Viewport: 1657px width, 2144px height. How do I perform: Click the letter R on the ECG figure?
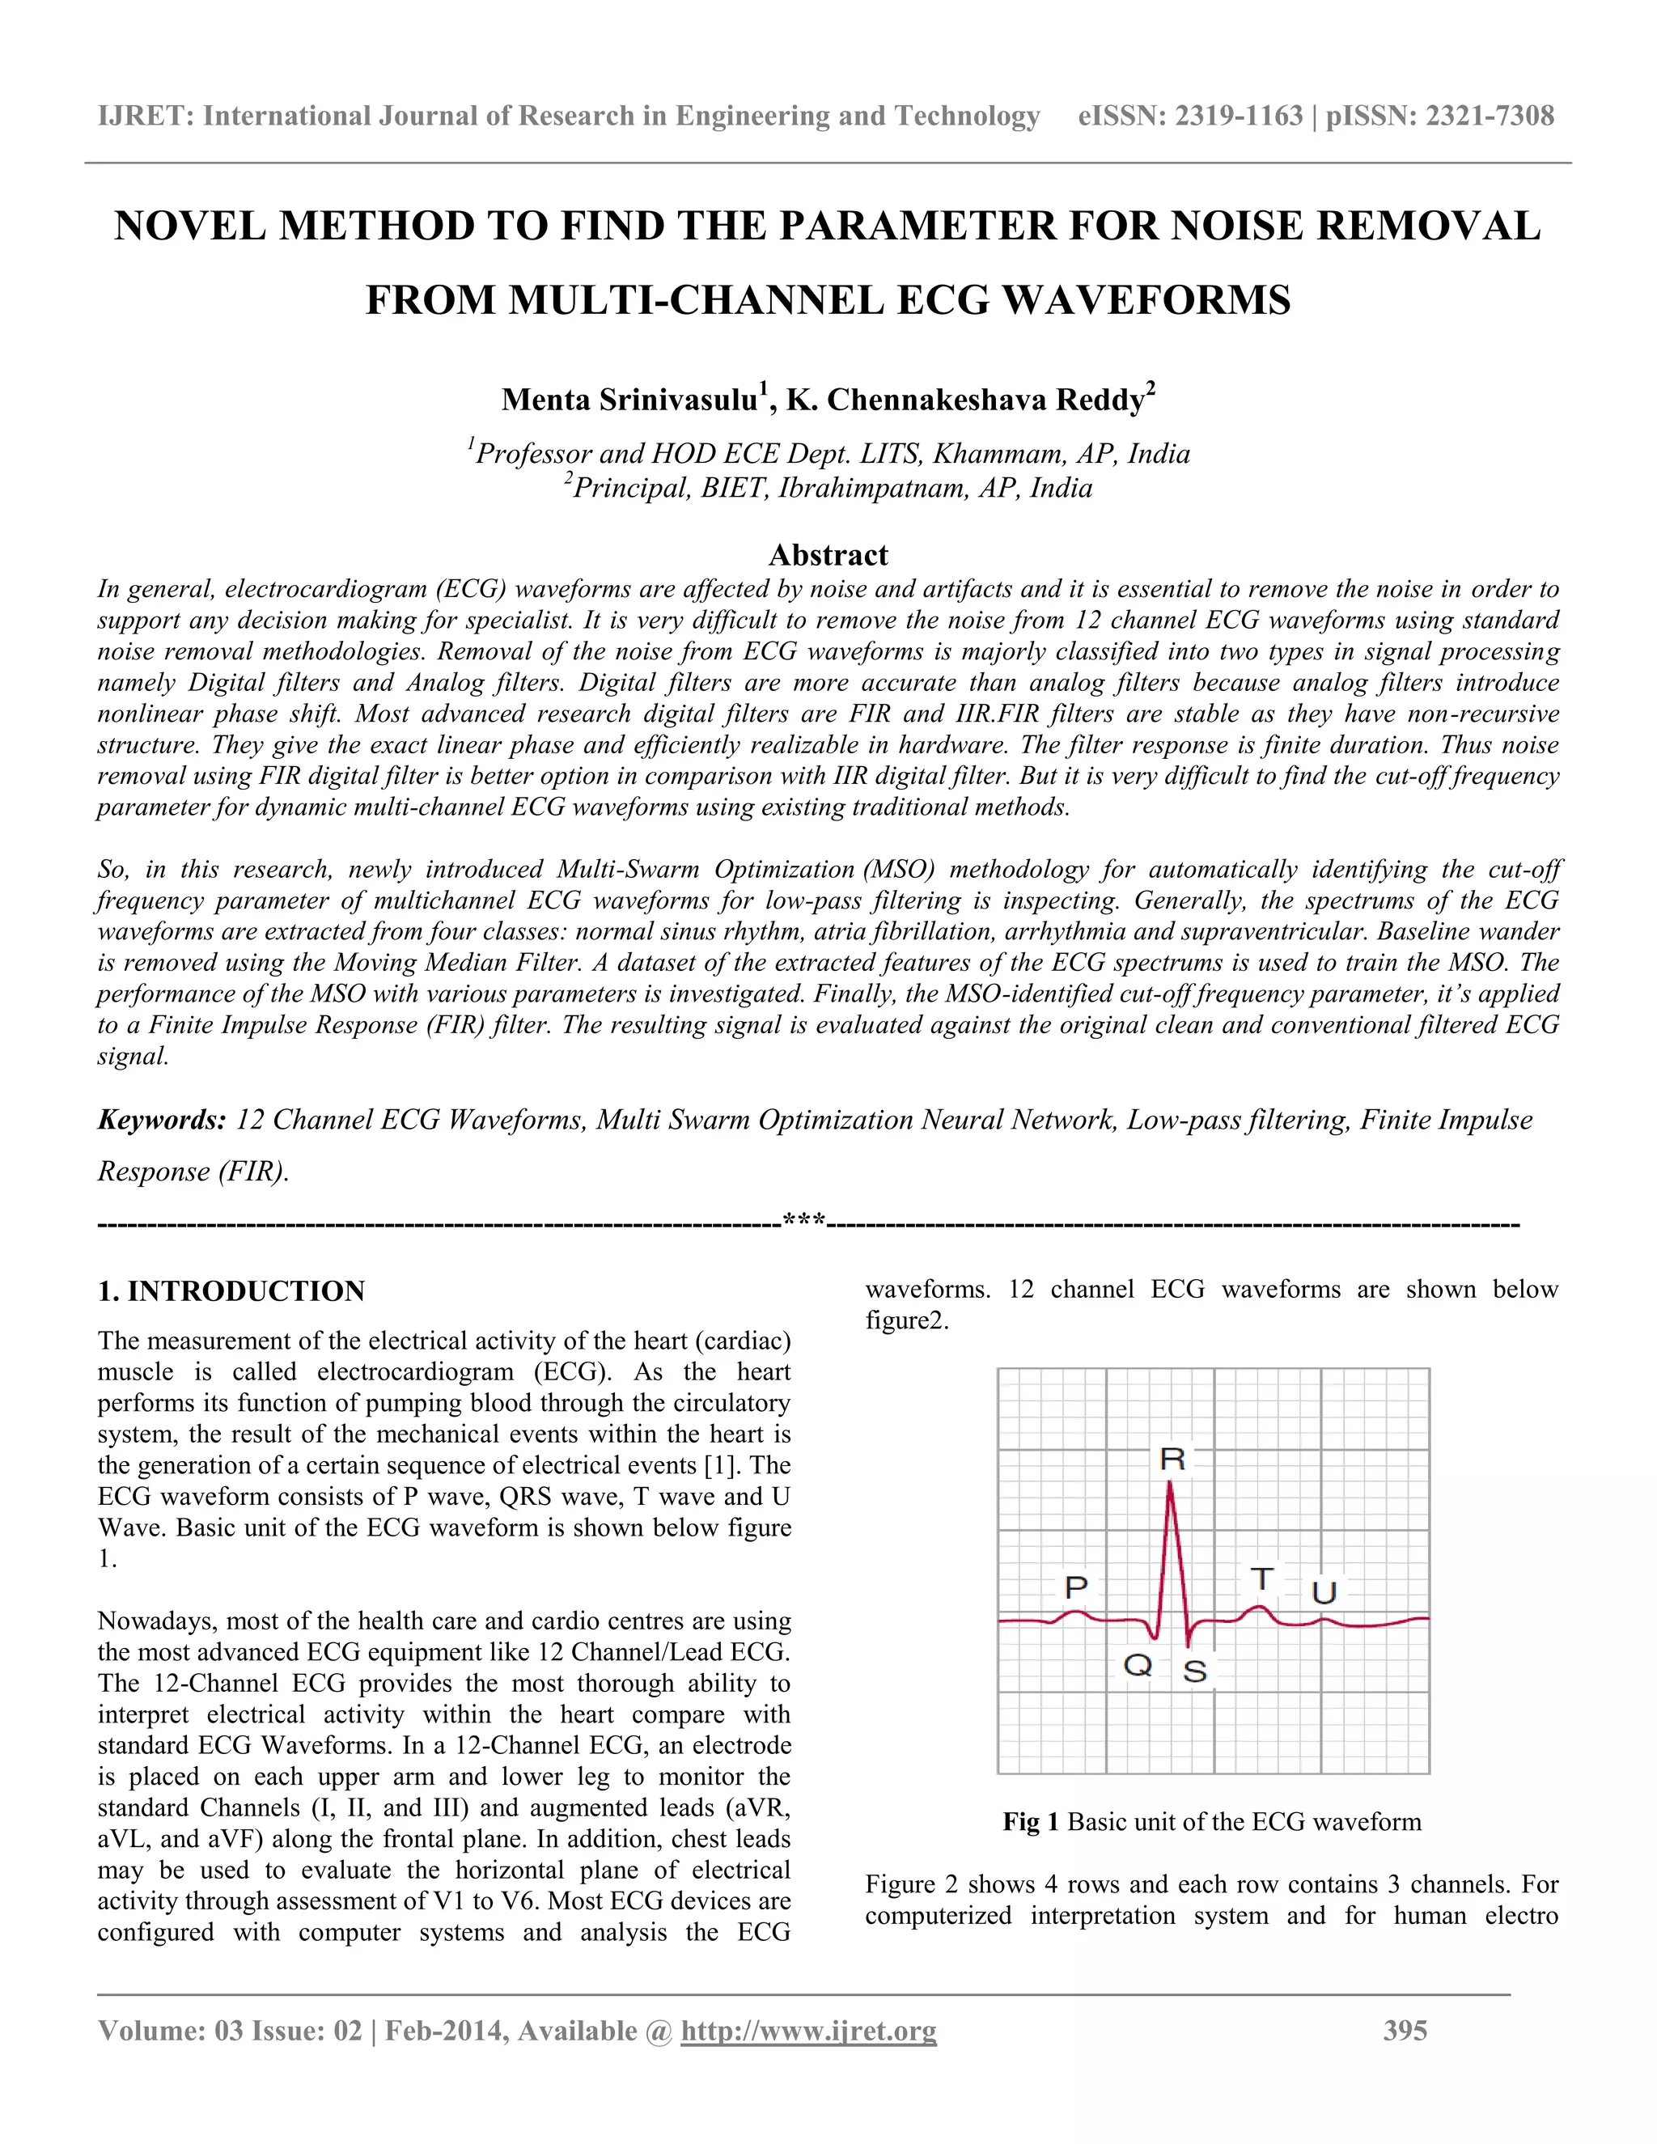[1172, 1460]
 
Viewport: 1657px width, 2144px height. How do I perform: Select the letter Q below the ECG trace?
[1137, 1665]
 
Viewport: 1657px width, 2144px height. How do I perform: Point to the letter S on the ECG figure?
[1195, 1671]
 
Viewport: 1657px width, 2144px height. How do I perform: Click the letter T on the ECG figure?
[1261, 1579]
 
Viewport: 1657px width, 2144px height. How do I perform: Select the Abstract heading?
[828, 555]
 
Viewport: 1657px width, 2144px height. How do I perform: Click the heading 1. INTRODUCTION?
[231, 1291]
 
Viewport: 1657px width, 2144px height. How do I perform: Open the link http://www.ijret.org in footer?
[809, 2031]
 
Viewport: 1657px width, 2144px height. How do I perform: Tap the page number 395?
[1405, 2031]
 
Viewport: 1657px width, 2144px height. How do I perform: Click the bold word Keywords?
[162, 1120]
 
